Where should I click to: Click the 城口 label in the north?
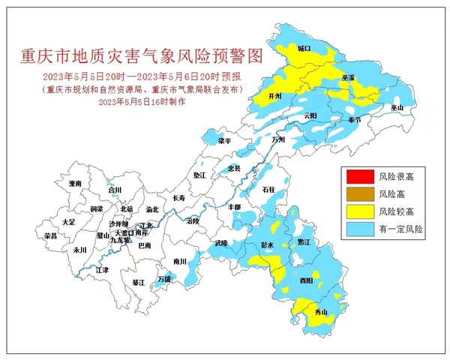(304, 49)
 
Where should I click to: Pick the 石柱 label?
(268, 190)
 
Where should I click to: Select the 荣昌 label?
(50, 235)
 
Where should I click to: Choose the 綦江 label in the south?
(138, 283)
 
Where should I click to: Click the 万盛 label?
(164, 279)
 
